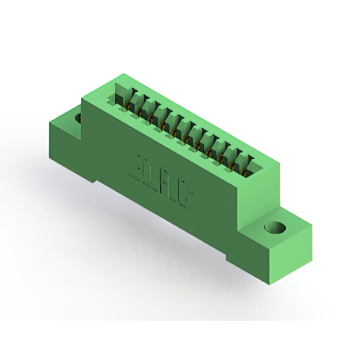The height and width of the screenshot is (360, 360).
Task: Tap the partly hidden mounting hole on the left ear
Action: click(78, 118)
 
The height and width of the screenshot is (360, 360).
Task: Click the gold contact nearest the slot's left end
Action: click(127, 106)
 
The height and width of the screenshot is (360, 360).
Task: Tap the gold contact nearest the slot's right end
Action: click(245, 173)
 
